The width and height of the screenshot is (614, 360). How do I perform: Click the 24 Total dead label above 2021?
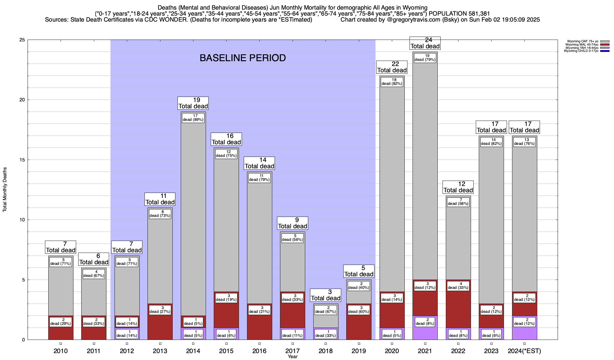(425, 43)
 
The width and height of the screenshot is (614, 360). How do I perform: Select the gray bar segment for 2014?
(193, 210)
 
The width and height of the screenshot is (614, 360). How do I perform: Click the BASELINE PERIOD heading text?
(243, 58)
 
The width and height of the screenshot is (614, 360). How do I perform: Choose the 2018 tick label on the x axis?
(326, 351)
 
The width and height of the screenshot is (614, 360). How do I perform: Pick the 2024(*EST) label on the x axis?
(524, 351)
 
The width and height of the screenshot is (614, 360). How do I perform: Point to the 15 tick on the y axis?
(22, 160)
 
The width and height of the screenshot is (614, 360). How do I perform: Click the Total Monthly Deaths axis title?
(5, 189)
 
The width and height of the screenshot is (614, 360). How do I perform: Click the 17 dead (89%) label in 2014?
(193, 118)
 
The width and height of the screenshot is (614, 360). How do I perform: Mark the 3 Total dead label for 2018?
(326, 295)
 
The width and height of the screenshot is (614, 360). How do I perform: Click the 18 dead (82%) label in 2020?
(392, 82)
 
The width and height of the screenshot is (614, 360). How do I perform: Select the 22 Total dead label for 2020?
(392, 67)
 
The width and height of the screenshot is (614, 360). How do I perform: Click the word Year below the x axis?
(293, 357)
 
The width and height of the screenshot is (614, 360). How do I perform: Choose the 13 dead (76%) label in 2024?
(524, 142)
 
